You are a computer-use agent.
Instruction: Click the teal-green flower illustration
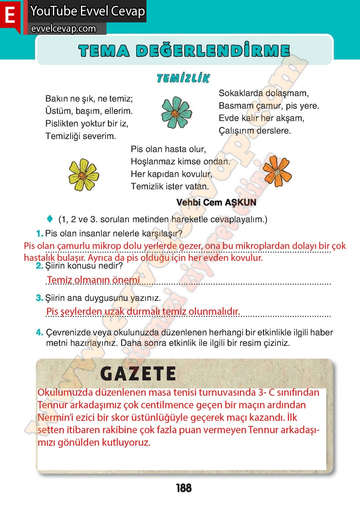coord(177,112)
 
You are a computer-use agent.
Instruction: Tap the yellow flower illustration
coord(84,175)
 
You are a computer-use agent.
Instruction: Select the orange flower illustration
coord(277,171)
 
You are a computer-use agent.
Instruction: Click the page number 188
coord(183,488)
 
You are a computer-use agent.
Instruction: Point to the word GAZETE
coord(138,374)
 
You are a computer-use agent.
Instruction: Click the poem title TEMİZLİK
coord(183,78)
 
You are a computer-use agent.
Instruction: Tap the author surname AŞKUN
coord(241,203)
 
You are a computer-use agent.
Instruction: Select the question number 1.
coord(39,233)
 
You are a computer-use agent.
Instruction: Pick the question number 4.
coord(39,332)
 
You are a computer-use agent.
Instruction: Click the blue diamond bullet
coord(50,219)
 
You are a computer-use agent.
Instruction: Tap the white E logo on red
coord(10,15)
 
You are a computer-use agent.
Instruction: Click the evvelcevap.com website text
coord(63,29)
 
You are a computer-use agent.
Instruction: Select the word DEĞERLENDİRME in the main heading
coord(213,51)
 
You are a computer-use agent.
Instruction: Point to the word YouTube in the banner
coord(53,11)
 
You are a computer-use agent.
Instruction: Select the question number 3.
coord(39,298)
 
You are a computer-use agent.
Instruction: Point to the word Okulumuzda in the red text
coord(65,392)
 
